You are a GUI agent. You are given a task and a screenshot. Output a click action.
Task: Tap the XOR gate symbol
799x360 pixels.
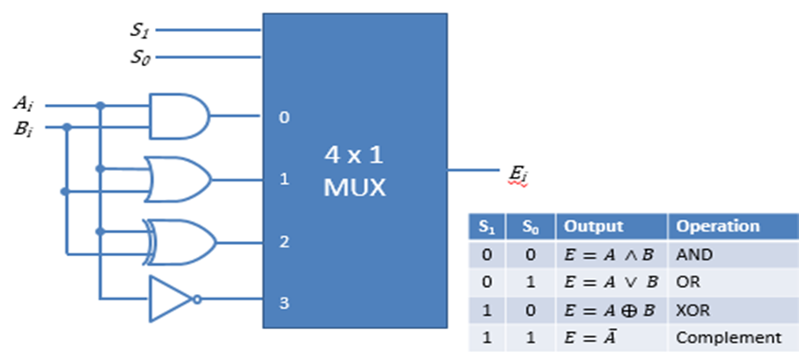pos(183,238)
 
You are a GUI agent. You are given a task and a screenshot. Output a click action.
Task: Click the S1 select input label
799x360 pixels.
pos(140,30)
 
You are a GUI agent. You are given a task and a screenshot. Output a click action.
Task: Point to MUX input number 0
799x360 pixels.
pos(283,116)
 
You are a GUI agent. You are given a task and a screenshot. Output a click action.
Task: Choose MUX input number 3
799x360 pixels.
pos(283,304)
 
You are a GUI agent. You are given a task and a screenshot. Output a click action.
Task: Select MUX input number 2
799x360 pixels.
pos(283,239)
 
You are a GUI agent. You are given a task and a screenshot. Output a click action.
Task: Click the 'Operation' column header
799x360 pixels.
pos(718,226)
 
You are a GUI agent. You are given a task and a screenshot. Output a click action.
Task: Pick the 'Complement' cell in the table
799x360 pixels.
pos(729,337)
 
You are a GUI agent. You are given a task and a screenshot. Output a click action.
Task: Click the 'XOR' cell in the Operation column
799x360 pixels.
pos(693,310)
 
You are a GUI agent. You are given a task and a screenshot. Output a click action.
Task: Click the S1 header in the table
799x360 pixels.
pos(487,226)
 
